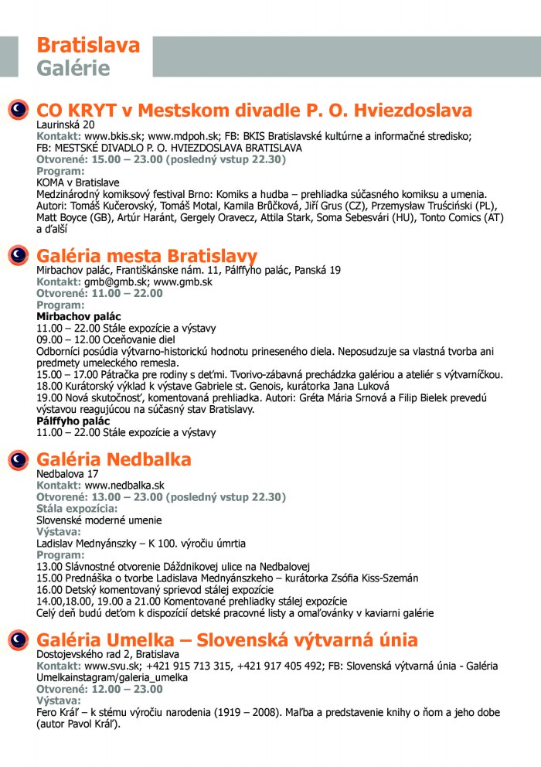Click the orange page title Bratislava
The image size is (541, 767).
[88, 45]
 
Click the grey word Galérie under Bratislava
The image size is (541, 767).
[73, 68]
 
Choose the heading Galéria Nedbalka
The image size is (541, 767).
[114, 460]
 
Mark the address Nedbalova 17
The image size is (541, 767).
[68, 474]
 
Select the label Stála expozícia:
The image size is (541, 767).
[77, 509]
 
